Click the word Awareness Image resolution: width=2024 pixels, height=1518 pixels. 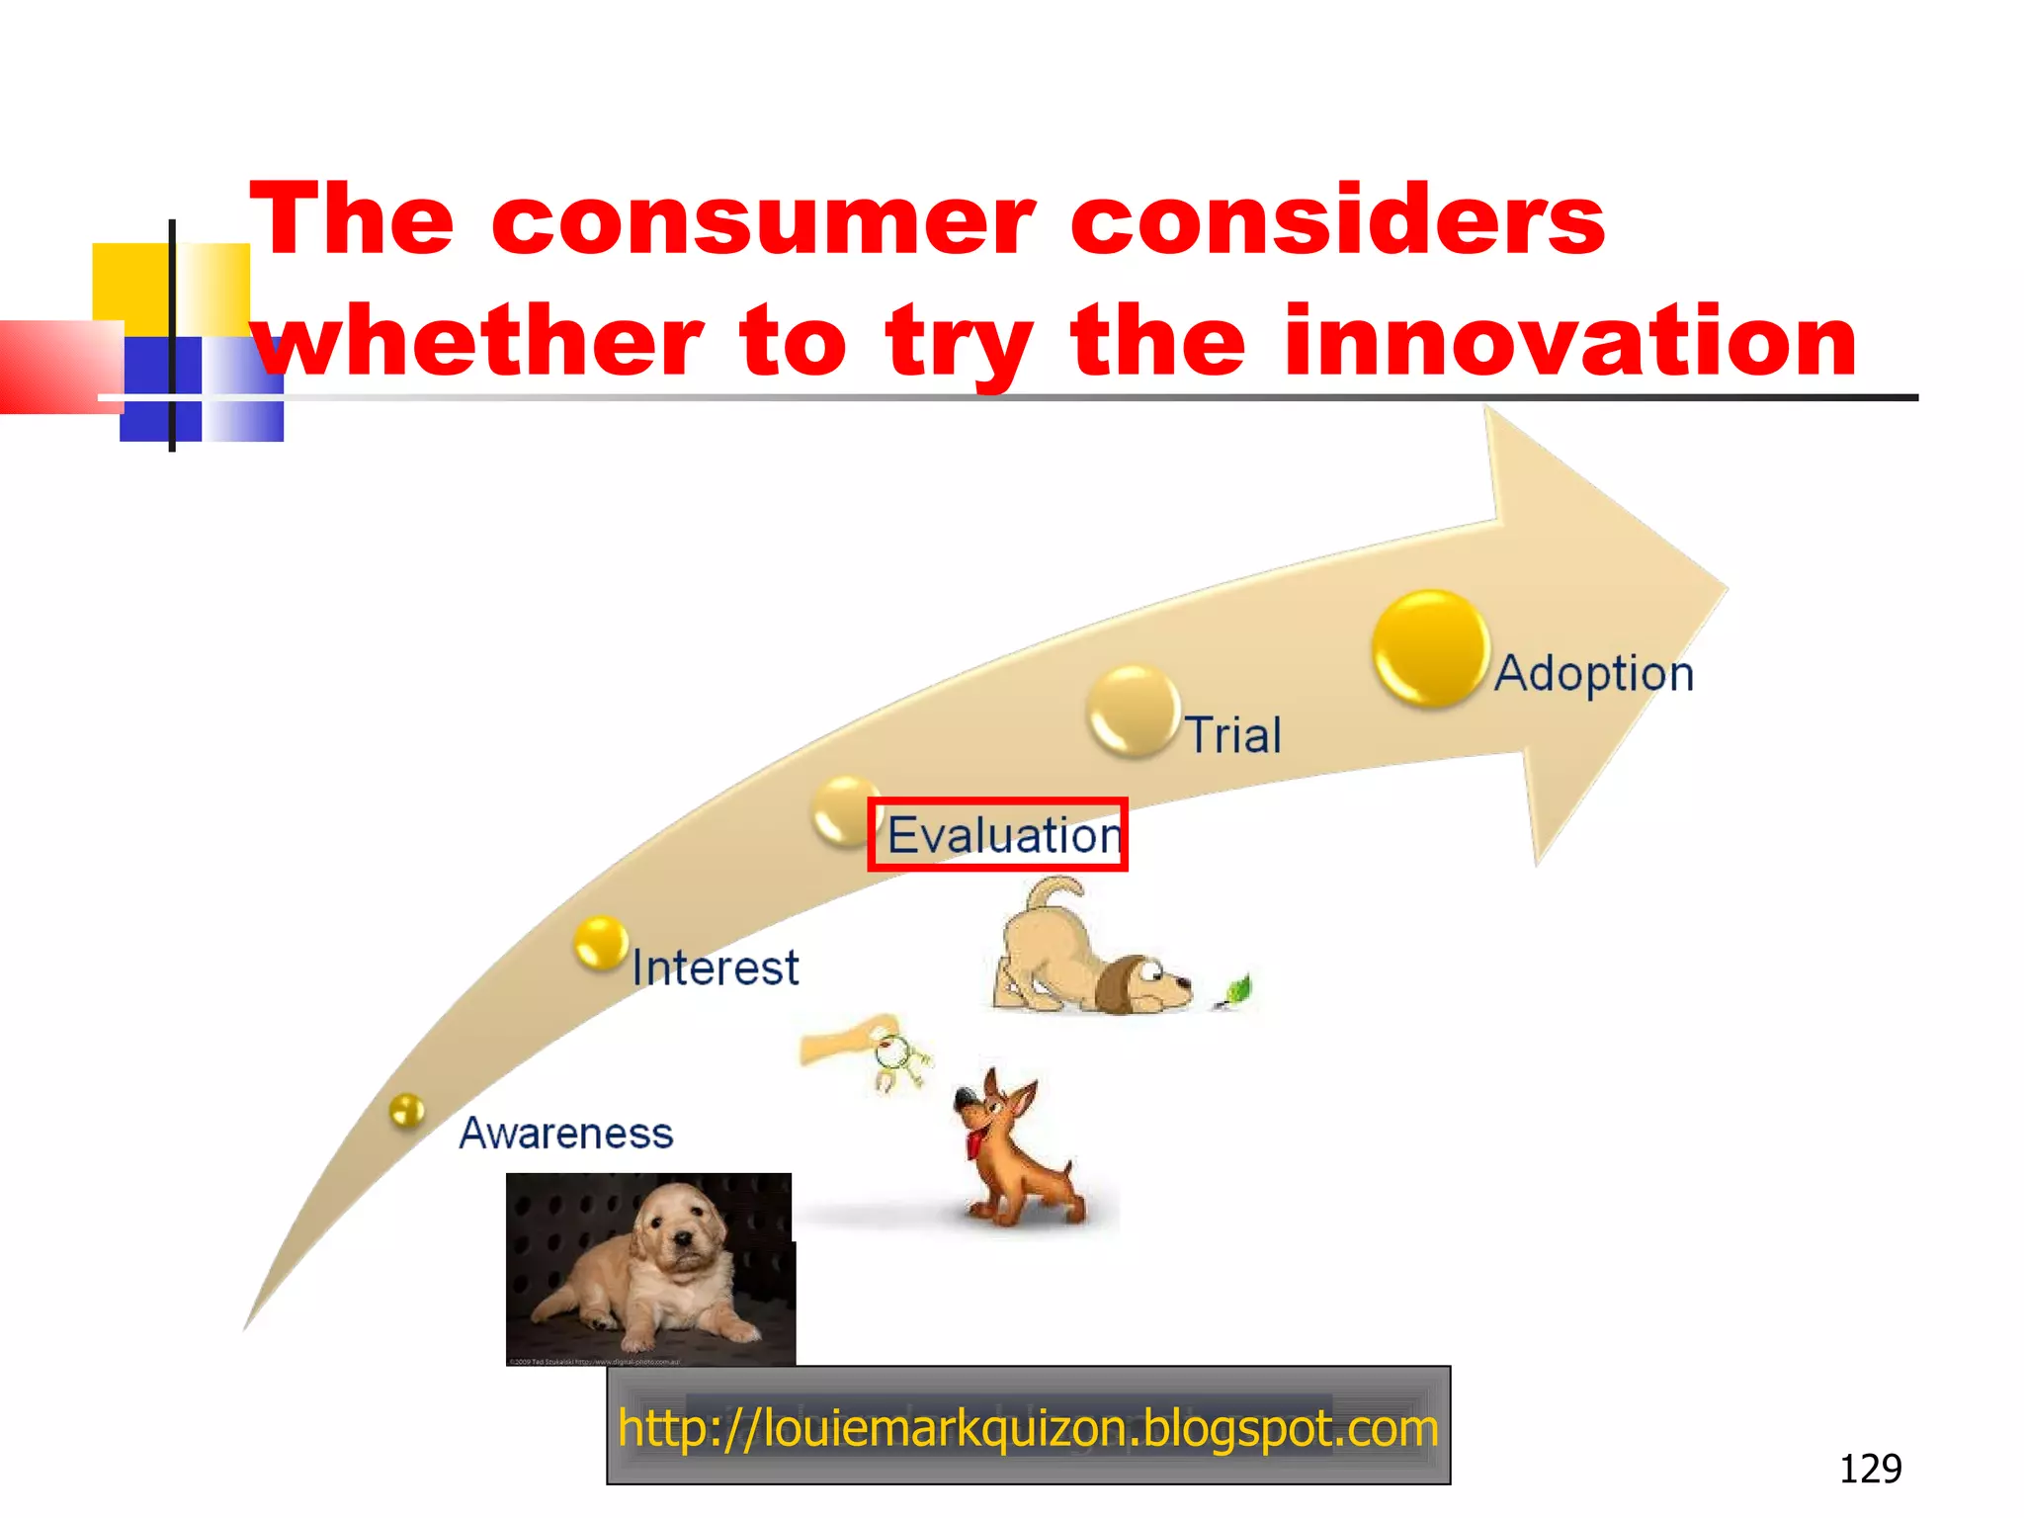click(566, 1134)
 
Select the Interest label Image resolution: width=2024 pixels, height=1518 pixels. click(715, 968)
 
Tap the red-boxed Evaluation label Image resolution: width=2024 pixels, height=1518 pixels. click(998, 835)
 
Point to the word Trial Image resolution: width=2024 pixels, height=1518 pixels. click(1233, 735)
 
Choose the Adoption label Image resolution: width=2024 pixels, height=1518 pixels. click(1593, 674)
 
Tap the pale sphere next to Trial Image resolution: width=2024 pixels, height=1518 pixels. click(1133, 711)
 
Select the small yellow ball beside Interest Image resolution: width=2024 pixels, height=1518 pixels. click(600, 942)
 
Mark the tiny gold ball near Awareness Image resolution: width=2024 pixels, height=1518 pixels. click(406, 1111)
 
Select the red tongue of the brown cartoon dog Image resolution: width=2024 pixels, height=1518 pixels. click(975, 1144)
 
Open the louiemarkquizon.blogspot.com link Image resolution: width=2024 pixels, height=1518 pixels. click(1028, 1427)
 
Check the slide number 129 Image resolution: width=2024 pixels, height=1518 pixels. click(1869, 1469)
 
